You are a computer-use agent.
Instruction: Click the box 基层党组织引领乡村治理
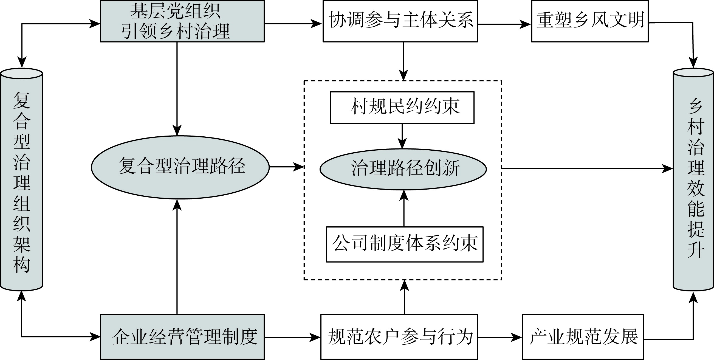point(182,21)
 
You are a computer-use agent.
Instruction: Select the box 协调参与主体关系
point(400,21)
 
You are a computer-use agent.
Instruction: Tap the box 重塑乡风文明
point(589,21)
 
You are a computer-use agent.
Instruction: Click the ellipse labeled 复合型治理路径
point(180,167)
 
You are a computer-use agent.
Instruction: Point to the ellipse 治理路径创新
point(403,169)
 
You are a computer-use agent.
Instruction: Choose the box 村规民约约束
point(402,107)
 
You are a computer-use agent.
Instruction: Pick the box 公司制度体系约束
point(405,244)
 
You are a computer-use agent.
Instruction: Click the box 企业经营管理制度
point(182,337)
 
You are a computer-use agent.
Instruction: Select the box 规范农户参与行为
point(399,337)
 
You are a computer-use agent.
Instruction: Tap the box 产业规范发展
point(583,337)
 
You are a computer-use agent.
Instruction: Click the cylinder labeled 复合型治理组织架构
point(22,180)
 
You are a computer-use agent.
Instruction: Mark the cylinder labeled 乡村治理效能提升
point(693,180)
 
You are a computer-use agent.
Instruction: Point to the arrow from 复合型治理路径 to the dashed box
point(287,167)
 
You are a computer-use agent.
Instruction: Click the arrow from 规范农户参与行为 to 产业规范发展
point(499,337)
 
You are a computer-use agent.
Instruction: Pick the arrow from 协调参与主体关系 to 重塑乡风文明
point(504,24)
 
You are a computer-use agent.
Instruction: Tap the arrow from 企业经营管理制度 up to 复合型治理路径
point(177,257)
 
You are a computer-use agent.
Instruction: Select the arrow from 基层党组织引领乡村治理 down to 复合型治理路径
point(177,89)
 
